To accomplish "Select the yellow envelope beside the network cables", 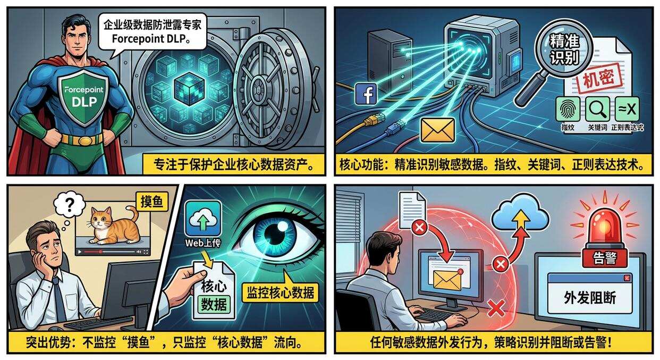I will [437, 130].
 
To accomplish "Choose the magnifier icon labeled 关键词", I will [598, 109].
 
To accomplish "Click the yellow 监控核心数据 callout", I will [280, 292].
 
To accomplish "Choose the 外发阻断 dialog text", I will [590, 297].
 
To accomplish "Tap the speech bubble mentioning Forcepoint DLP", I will [153, 31].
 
